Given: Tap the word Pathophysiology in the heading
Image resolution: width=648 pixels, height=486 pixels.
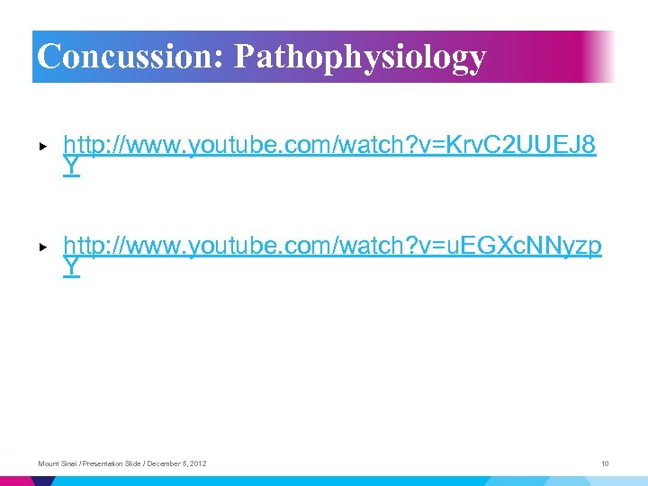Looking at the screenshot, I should (360, 58).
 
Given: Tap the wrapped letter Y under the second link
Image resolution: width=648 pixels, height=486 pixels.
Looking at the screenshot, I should (72, 267).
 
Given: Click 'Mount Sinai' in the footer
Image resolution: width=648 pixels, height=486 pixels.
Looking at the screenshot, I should (57, 463).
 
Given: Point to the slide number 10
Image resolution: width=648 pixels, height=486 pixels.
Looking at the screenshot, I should (605, 463).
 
